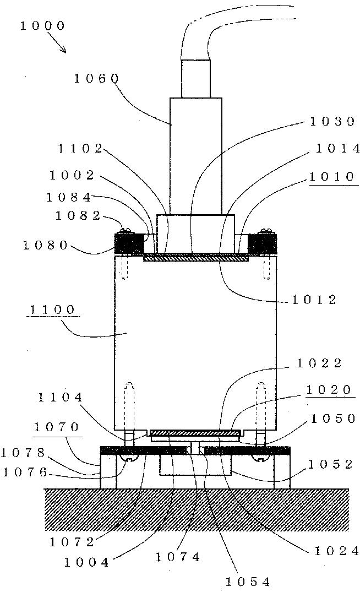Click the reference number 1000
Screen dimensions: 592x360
42,26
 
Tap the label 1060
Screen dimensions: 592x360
96,78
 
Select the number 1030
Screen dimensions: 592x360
332,122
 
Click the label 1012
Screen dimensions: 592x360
315,300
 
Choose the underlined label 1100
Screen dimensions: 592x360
52,309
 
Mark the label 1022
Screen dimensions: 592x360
319,363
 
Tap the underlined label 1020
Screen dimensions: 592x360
329,389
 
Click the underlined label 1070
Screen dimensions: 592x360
56,427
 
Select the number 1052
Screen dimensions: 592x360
331,464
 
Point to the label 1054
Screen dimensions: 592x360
248,581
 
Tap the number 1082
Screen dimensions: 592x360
78,216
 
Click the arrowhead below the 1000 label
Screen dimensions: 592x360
64,51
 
